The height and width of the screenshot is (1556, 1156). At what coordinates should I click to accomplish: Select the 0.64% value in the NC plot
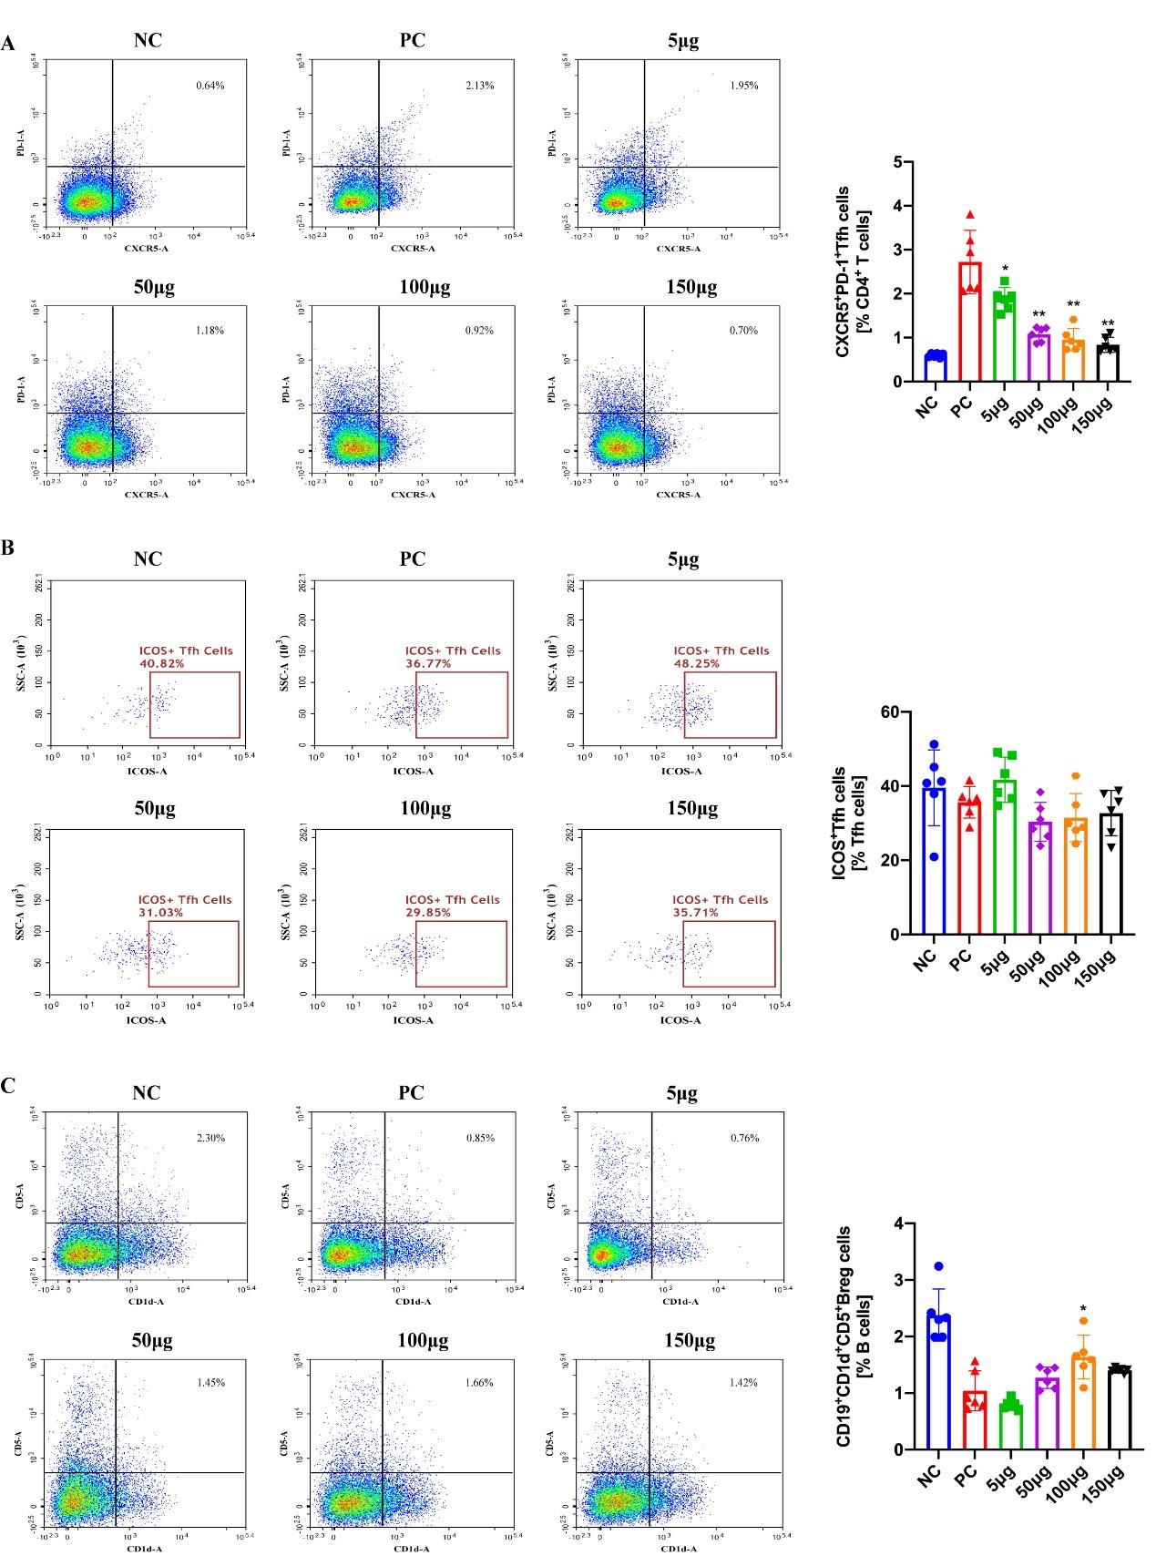coord(210,86)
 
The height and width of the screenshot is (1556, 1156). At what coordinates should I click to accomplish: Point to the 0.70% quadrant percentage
coord(743,331)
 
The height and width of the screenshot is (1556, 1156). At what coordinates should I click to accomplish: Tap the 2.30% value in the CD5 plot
coord(210,1138)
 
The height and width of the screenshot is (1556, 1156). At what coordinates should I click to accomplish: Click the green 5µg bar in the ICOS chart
coord(1004,857)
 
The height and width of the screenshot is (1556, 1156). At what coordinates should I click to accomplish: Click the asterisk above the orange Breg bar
coord(1083,1309)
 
